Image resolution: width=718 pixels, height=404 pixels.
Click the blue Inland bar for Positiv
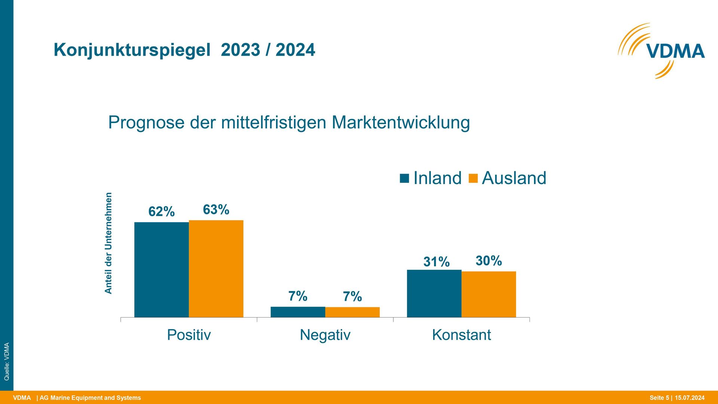(162, 270)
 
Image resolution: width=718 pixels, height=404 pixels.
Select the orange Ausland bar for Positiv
(216, 269)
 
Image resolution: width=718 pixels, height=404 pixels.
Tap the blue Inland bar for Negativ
(298, 312)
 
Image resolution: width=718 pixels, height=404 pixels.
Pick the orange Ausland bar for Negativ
(352, 312)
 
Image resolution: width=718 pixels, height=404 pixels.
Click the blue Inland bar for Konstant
(434, 294)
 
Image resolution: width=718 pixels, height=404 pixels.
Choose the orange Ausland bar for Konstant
(489, 294)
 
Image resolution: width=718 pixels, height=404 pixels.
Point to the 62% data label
(162, 212)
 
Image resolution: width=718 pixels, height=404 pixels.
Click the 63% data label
(216, 209)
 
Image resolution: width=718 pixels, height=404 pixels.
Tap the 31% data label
(436, 262)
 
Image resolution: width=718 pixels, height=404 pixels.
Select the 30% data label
(489, 261)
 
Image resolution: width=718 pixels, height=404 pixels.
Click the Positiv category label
(189, 335)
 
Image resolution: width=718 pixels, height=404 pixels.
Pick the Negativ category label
(325, 335)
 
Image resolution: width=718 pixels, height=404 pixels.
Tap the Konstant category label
(461, 335)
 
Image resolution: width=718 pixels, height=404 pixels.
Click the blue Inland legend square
(404, 178)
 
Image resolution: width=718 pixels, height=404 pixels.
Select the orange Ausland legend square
(473, 178)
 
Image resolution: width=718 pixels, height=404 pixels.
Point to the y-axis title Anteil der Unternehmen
(108, 243)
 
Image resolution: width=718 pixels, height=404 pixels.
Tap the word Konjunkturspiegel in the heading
(132, 50)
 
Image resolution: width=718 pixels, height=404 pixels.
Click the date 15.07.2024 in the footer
(690, 398)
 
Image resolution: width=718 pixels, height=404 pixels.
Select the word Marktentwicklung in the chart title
(401, 122)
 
